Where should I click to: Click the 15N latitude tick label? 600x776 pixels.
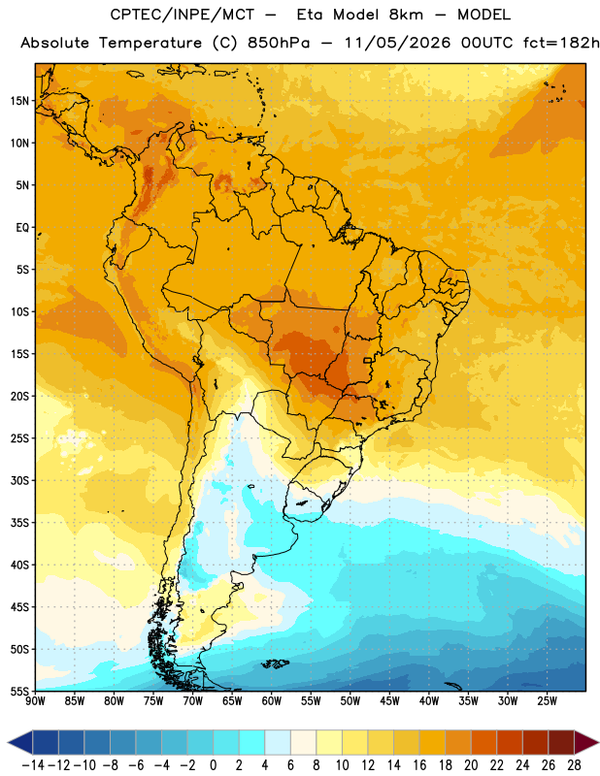19,101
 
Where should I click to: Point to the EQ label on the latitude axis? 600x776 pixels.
22,228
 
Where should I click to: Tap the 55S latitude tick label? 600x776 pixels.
19,691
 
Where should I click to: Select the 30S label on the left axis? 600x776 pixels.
19,480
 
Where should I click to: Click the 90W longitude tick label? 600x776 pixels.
35,700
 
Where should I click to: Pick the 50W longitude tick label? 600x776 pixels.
350,700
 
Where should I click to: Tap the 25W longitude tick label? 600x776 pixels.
547,700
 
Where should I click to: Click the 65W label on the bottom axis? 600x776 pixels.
232,700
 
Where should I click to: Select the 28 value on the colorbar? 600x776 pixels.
574,765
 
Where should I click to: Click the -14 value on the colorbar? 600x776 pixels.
33,765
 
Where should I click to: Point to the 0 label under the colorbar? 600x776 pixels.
213,765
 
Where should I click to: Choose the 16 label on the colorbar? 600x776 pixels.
419,765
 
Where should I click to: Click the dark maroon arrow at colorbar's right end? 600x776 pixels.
585,742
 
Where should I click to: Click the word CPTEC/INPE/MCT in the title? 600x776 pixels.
182,15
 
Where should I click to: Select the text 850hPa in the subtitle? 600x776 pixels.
279,43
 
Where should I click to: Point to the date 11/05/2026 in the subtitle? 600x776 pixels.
397,43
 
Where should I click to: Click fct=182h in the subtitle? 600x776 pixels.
561,43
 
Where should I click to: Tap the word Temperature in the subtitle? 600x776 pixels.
150,44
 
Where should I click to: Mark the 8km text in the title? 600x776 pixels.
406,15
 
